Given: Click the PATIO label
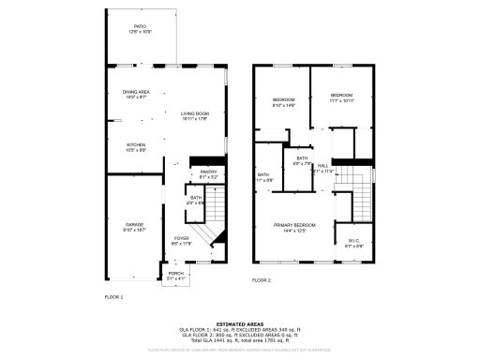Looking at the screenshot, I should [x=139, y=27].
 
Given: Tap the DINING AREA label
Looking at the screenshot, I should [x=136, y=92].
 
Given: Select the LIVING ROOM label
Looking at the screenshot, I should [x=194, y=114].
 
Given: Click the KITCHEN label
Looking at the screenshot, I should [x=136, y=144].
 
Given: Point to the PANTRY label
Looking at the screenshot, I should [x=208, y=172].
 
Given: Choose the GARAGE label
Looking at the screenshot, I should [x=135, y=225].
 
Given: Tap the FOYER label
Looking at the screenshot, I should [x=182, y=238].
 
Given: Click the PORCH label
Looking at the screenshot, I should [x=176, y=274].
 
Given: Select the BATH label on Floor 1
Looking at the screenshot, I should [x=196, y=198].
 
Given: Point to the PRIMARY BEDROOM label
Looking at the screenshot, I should [x=294, y=225].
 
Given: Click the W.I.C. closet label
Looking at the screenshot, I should [x=352, y=240].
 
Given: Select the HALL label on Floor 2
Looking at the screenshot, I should [x=322, y=166].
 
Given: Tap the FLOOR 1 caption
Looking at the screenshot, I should [x=113, y=296].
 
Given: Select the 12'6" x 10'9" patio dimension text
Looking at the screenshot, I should [x=139, y=33].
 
